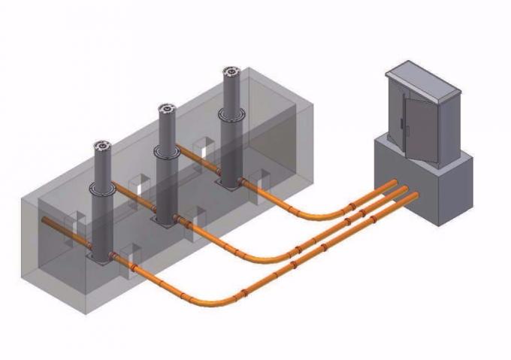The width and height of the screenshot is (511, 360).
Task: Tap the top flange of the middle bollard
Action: (166, 110)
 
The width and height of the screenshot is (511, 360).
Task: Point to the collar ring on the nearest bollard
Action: (102, 189)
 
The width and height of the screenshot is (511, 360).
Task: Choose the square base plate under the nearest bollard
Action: (101, 258)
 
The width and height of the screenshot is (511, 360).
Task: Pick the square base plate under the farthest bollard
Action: (228, 182)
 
